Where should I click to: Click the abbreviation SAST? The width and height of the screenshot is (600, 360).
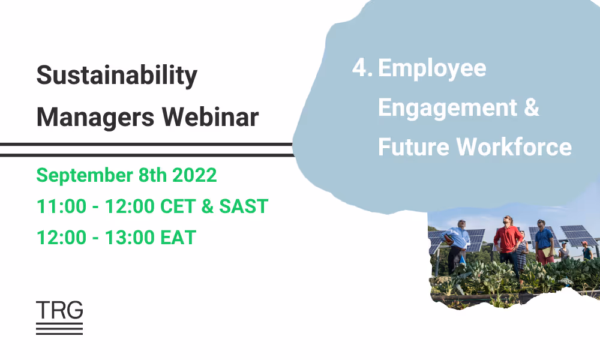pyautogui.click(x=243, y=206)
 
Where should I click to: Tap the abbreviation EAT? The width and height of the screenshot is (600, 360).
pyautogui.click(x=178, y=238)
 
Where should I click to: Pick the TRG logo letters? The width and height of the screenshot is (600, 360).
pyautogui.click(x=59, y=310)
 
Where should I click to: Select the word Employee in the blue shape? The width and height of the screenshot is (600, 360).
pyautogui.click(x=432, y=68)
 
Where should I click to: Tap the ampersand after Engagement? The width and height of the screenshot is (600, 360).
pyautogui.click(x=531, y=107)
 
